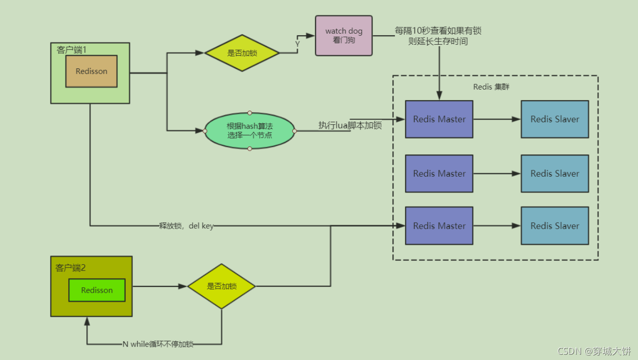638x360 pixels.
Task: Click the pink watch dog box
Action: [344, 36]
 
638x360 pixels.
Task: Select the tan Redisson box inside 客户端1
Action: [91, 71]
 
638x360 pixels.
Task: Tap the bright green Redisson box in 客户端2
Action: [97, 290]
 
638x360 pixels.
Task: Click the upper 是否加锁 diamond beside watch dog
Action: [242, 53]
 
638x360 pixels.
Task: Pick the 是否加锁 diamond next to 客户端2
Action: [221, 286]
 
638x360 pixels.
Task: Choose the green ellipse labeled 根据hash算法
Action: [249, 131]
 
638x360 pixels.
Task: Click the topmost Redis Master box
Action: [439, 119]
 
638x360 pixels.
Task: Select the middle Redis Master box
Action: [439, 174]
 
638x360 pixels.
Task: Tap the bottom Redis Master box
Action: [439, 226]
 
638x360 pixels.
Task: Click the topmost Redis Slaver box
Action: [555, 119]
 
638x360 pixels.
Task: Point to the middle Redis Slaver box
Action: [555, 174]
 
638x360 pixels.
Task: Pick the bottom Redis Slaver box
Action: [555, 226]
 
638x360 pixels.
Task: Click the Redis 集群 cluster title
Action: [491, 87]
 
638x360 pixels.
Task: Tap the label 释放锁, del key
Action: [186, 226]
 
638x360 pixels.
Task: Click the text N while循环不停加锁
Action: [158, 344]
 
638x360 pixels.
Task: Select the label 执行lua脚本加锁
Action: [350, 125]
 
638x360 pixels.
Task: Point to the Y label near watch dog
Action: [298, 44]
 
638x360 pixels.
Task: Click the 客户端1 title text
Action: [71, 50]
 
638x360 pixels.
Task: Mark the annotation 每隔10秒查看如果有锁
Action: [438, 30]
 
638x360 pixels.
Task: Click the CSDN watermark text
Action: [594, 351]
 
